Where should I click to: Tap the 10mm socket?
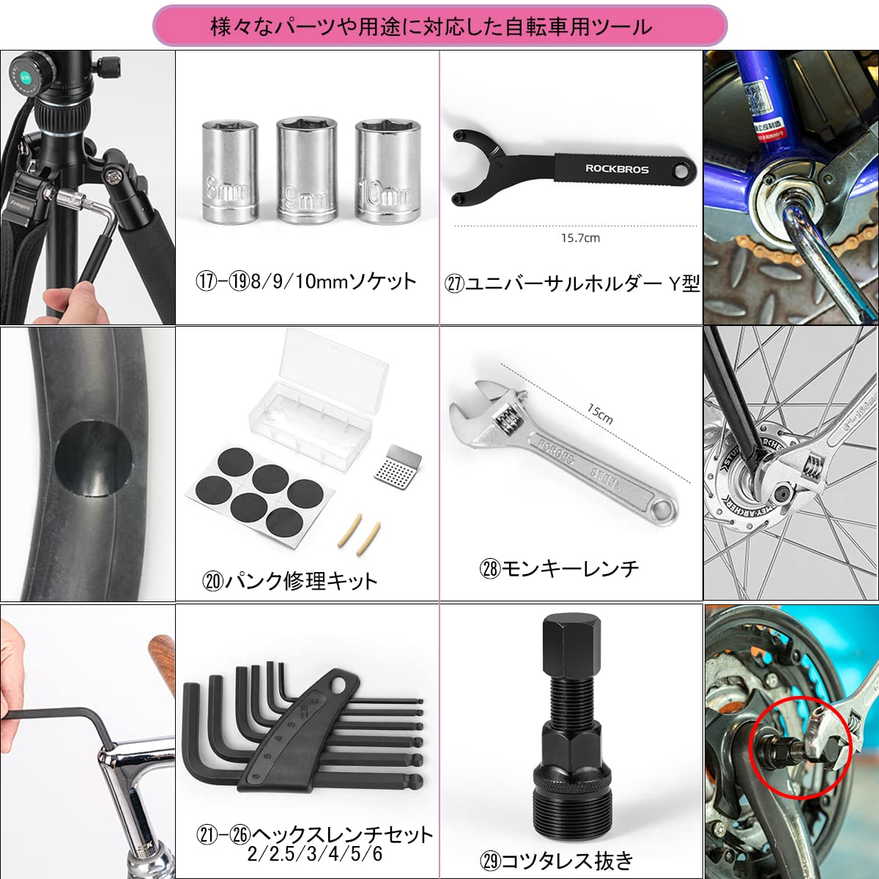387,170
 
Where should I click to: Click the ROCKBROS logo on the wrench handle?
617,168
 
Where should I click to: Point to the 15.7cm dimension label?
580,238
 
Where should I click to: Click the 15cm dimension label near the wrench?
600,414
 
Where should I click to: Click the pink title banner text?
431,27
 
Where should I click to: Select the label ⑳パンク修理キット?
290,582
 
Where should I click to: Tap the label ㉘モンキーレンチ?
559,568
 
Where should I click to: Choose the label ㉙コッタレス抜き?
557,861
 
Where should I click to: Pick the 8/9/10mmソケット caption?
306,282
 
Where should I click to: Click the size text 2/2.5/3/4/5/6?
315,854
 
